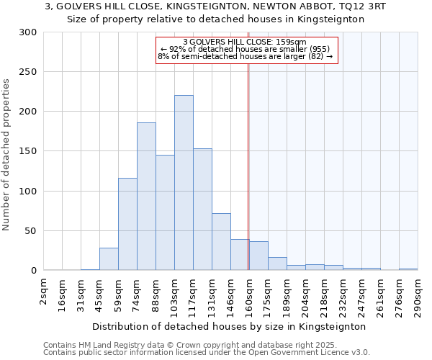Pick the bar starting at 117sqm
point(202,210)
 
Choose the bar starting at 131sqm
point(221,242)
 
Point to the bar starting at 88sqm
point(165,212)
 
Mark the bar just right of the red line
point(258,256)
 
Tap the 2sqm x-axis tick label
point(45,292)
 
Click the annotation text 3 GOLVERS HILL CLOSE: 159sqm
point(245,42)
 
